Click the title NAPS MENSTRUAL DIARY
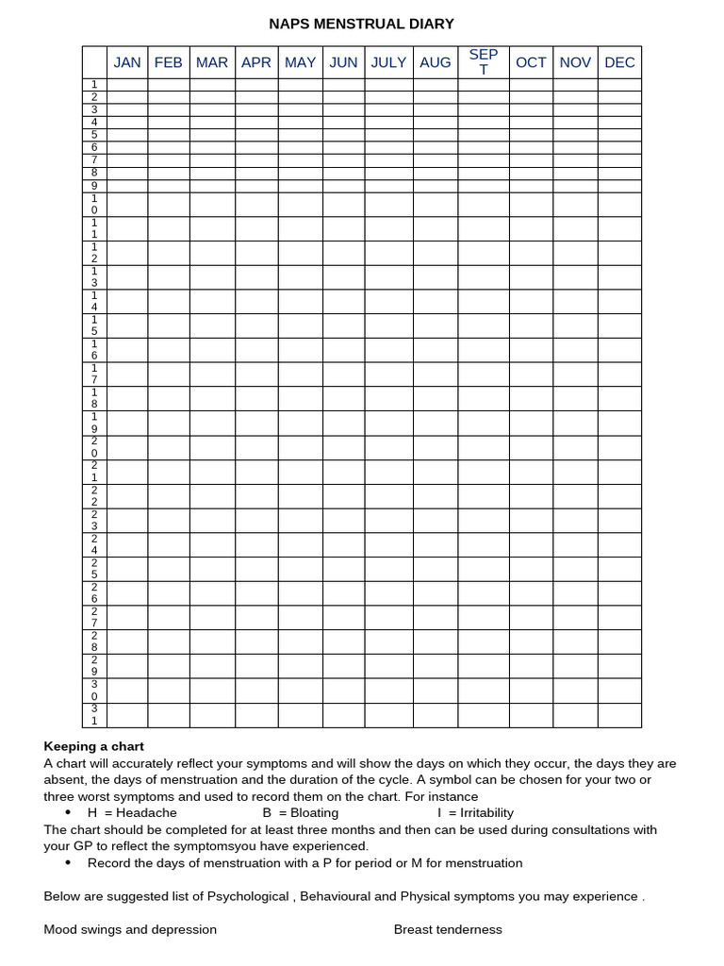(x=362, y=24)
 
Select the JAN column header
(x=127, y=62)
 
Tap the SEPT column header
(x=484, y=62)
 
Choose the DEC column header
(x=619, y=62)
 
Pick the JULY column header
(x=388, y=62)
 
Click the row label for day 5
(x=94, y=135)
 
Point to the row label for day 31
(x=94, y=715)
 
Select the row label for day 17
(x=94, y=375)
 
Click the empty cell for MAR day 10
(x=212, y=205)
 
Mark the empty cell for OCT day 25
(x=531, y=569)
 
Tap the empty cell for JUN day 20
(x=343, y=447)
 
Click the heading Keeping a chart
(x=94, y=746)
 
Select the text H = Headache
(x=132, y=812)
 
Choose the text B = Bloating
(x=301, y=812)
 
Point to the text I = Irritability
(x=475, y=812)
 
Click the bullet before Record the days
(x=68, y=863)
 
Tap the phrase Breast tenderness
(x=448, y=929)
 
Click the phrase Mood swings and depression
(x=130, y=929)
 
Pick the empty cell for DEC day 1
(x=619, y=85)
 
